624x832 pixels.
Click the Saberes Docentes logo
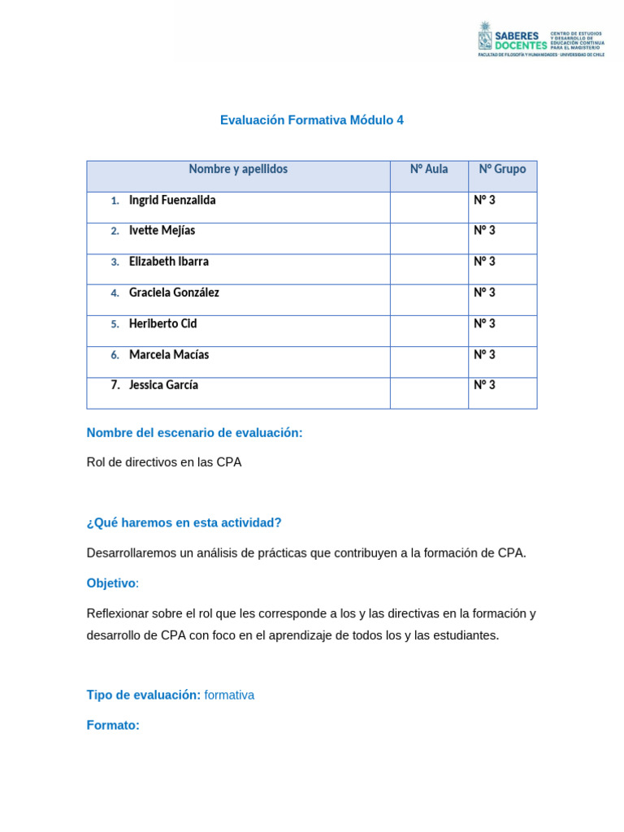pyautogui.click(x=541, y=38)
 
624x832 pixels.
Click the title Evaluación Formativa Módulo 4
pyautogui.click(x=312, y=120)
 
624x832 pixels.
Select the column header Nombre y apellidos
pyautogui.click(x=238, y=169)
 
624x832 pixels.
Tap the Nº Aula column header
pyautogui.click(x=429, y=169)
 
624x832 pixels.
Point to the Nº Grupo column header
pyautogui.click(x=502, y=169)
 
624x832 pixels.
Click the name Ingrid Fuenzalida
pyautogui.click(x=172, y=200)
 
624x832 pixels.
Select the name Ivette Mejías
pyautogui.click(x=162, y=231)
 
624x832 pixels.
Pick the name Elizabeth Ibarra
pyautogui.click(x=169, y=262)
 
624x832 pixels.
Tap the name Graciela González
pyautogui.click(x=174, y=292)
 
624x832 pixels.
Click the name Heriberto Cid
pyautogui.click(x=162, y=323)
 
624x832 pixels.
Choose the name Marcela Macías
pyautogui.click(x=169, y=355)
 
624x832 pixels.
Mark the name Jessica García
pyautogui.click(x=163, y=385)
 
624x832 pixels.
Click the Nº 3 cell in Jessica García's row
pyautogui.click(x=484, y=385)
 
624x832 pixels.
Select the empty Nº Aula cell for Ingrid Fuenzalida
pyautogui.click(x=429, y=207)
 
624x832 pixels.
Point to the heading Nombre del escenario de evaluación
pyautogui.click(x=194, y=433)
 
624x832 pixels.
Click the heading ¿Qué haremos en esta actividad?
pyautogui.click(x=184, y=522)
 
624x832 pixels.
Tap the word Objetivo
pyautogui.click(x=111, y=583)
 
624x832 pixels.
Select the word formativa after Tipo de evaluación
pyautogui.click(x=229, y=695)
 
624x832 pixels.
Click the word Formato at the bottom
pyautogui.click(x=113, y=725)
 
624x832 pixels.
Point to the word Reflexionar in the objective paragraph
pyautogui.click(x=119, y=613)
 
